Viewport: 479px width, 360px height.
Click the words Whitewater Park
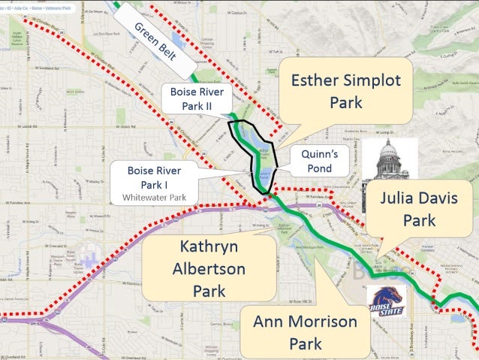click(153, 198)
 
